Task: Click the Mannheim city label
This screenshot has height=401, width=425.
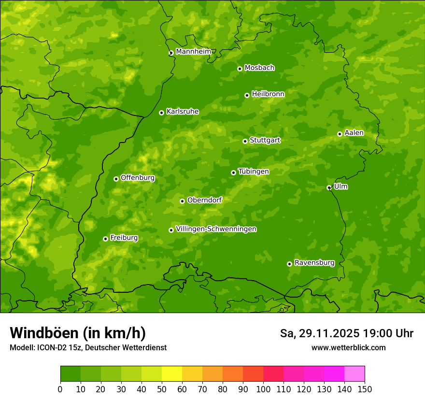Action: tap(193, 52)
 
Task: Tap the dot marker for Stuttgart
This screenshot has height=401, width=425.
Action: tap(245, 141)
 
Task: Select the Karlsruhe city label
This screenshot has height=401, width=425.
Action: tap(182, 112)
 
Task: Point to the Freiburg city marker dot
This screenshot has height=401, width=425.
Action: tap(105, 239)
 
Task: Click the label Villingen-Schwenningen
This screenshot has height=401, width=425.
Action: tap(216, 229)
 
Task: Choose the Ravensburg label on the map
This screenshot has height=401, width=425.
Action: tap(314, 263)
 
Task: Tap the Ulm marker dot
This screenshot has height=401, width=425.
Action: tap(329, 187)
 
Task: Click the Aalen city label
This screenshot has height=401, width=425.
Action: tap(354, 133)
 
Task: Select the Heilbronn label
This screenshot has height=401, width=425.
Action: tap(268, 94)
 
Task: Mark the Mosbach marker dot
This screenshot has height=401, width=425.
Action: tap(240, 69)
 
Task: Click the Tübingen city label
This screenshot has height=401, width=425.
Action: tap(253, 172)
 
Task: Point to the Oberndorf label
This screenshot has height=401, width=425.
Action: tap(204, 200)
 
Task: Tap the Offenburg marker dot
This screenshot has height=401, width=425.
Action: tap(116, 179)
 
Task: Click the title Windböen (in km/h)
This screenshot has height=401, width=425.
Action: tap(77, 333)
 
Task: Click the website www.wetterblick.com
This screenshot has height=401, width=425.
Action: tap(348, 347)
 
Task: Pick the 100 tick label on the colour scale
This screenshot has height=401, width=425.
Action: tap(263, 389)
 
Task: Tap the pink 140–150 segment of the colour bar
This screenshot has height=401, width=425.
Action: tap(354, 374)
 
